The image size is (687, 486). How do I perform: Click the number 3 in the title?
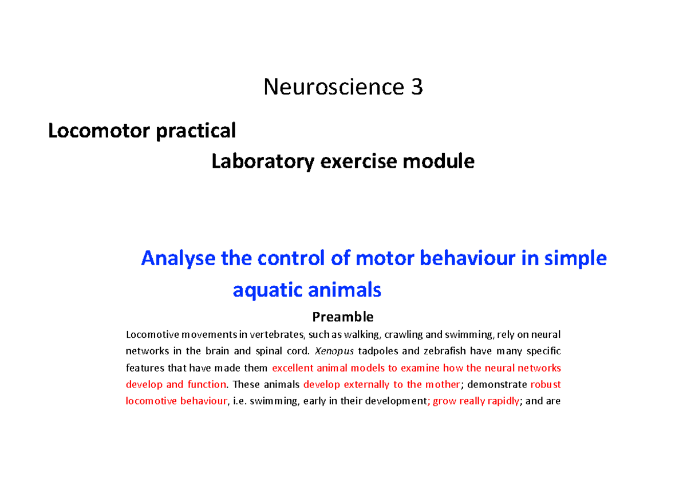(417, 87)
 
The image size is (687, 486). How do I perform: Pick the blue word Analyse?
(179, 259)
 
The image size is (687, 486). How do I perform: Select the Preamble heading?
(342, 317)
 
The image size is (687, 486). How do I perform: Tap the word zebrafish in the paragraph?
(434, 351)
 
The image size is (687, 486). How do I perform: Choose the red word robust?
(546, 384)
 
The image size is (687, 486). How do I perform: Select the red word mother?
(445, 384)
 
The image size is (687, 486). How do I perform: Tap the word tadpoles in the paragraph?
(377, 351)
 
